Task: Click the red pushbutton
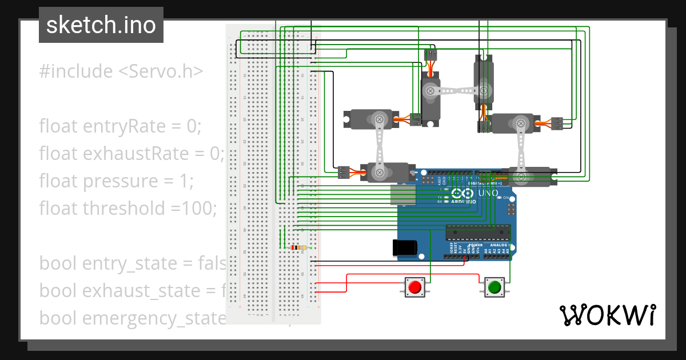415,286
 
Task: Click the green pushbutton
494,286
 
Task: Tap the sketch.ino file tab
101,25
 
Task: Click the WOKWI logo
607,315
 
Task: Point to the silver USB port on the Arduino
403,195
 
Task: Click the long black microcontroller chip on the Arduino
477,232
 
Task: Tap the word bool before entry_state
58,263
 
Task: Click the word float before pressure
59,181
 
